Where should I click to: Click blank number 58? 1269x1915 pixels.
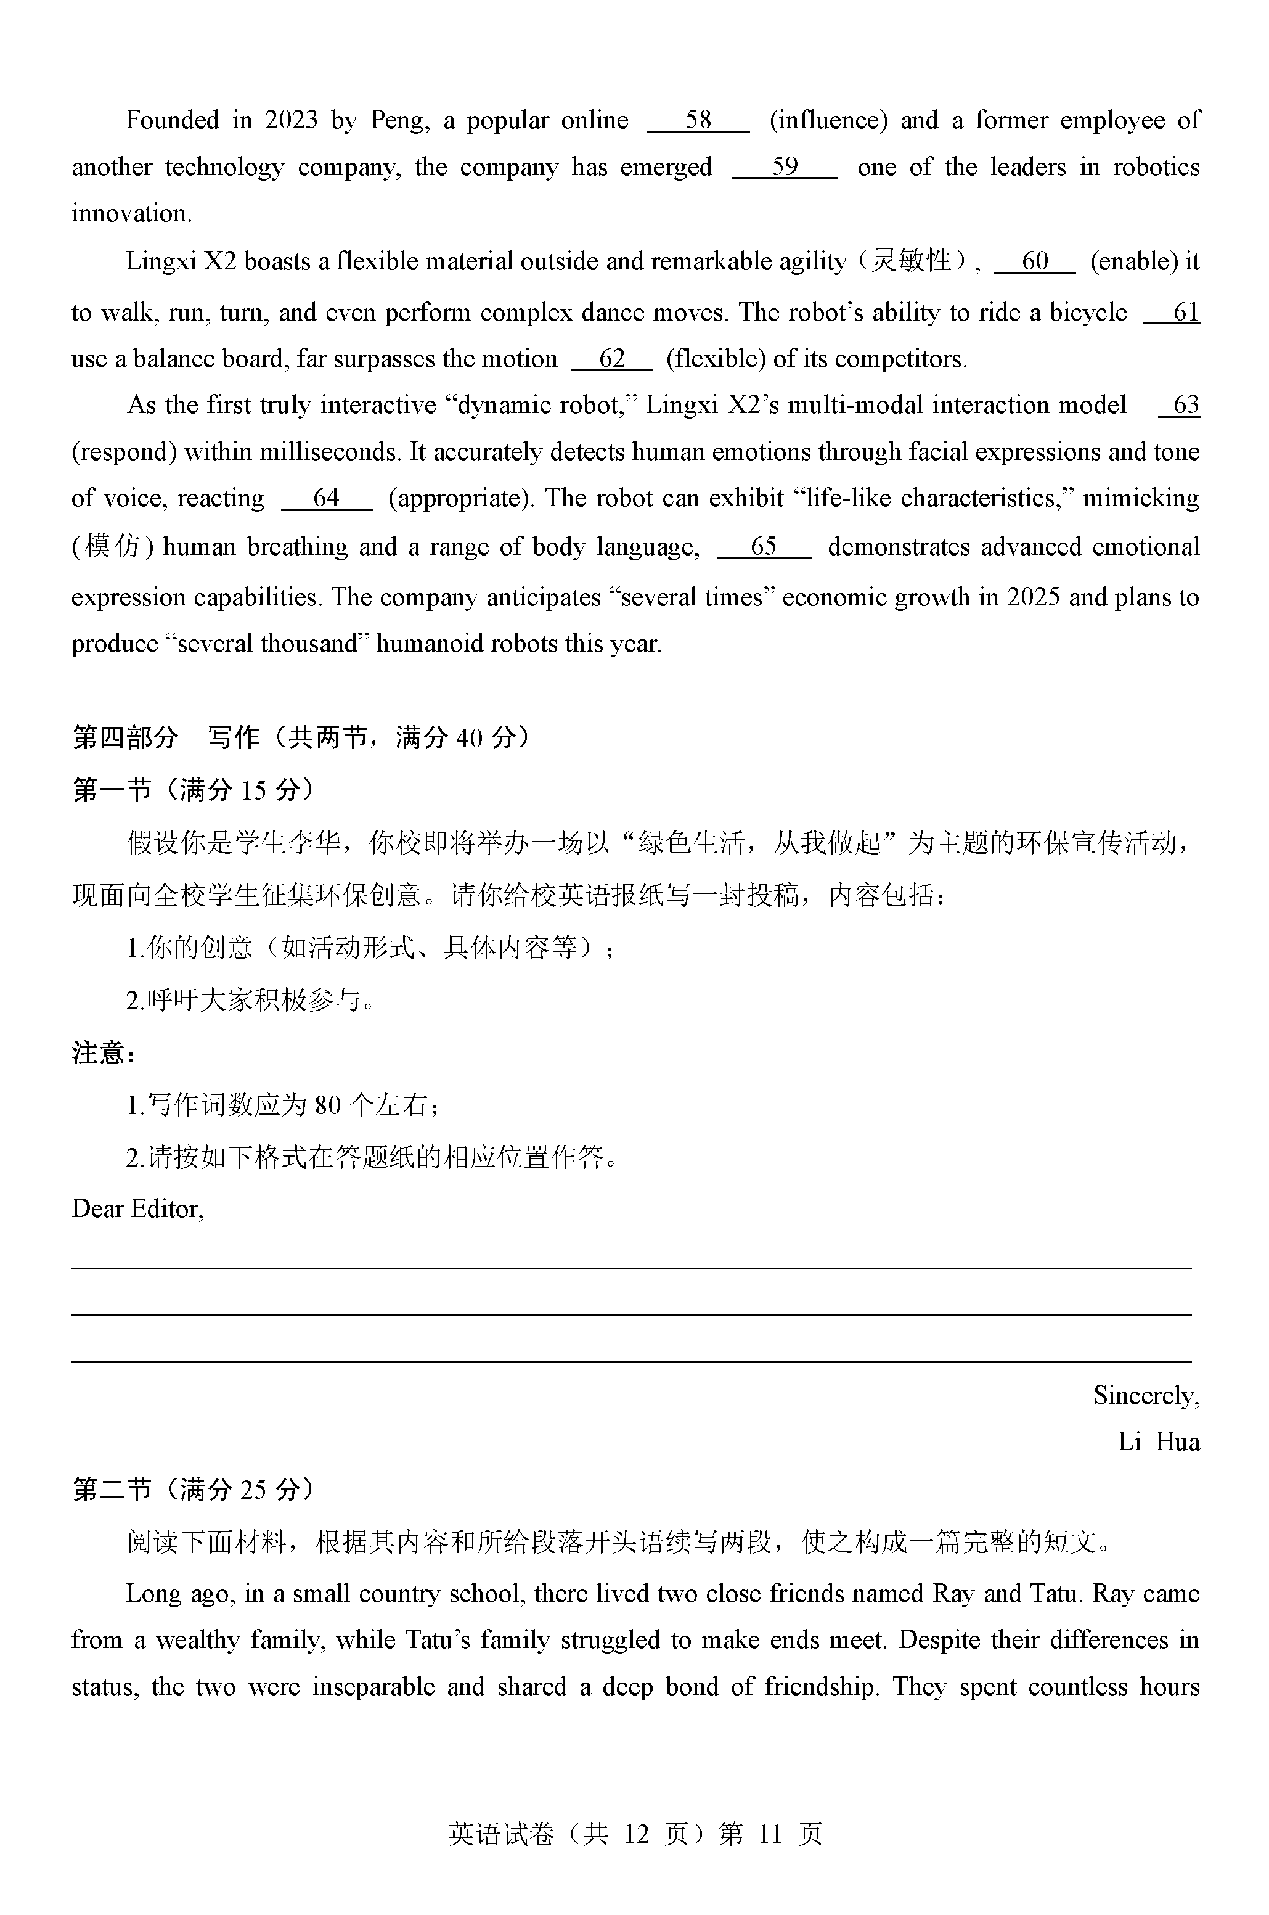698,121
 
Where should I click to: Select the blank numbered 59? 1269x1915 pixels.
784,168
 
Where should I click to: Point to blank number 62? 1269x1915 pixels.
612,359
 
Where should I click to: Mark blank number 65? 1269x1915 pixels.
763,547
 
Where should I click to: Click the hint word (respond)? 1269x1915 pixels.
124,452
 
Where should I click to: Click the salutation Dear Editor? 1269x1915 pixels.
137,1209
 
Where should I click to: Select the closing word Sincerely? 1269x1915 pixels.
1146,1395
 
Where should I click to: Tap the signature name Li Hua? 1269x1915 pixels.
1158,1441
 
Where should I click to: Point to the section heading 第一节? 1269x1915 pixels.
113,789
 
